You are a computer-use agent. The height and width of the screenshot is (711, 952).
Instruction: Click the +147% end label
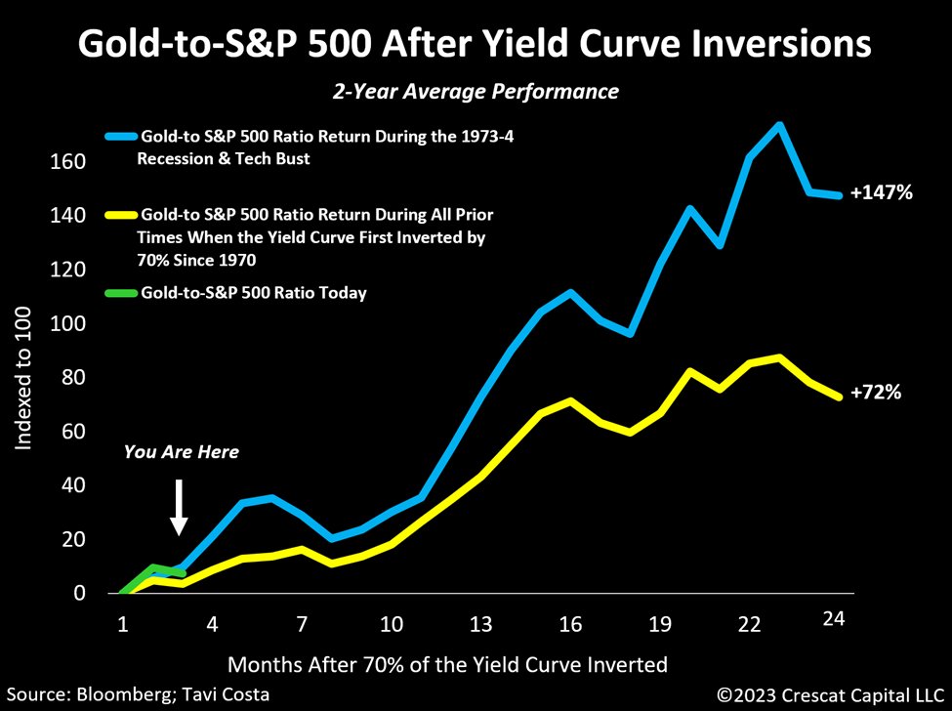pos(881,193)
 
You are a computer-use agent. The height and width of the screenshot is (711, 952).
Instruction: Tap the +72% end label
pos(875,393)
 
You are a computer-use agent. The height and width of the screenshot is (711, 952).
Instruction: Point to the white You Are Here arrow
pos(179,507)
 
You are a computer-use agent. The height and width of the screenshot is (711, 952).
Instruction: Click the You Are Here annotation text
pos(181,452)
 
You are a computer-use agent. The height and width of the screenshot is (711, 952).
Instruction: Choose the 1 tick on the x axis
pos(124,623)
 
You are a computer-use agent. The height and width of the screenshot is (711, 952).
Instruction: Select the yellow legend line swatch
pos(121,213)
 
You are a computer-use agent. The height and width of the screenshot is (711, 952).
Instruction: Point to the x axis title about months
pos(447,664)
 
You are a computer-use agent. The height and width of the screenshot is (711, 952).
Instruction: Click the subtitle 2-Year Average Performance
pos(476,92)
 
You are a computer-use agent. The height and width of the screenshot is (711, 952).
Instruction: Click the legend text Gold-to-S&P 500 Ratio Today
pos(254,293)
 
